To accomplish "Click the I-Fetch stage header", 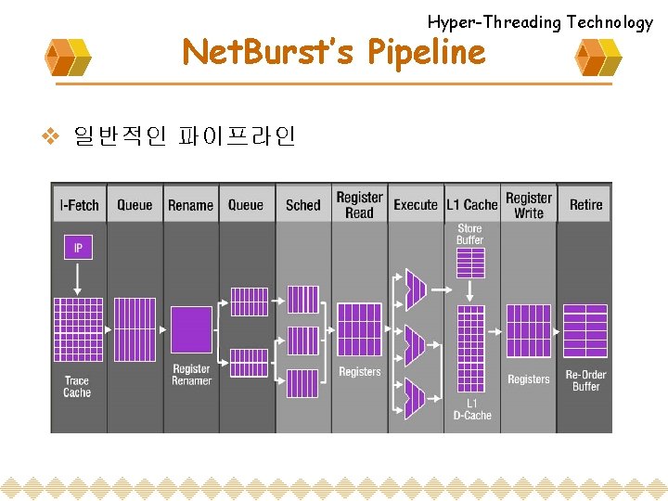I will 79,205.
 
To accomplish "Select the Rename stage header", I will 190,205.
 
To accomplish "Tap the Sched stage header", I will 302,205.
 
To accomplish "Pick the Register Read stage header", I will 359,205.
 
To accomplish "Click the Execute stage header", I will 416,205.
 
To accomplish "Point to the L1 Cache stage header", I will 471,205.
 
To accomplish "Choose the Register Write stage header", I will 529,205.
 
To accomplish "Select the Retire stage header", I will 585,205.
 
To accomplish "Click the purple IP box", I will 78,247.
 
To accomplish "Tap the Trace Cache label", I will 77,386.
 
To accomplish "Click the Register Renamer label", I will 191,375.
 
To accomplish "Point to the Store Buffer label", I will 469,234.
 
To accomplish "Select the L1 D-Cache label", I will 472,409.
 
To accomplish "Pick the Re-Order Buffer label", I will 585,380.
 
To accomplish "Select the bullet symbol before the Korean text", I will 53,136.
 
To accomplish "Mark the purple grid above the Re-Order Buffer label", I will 585,330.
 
